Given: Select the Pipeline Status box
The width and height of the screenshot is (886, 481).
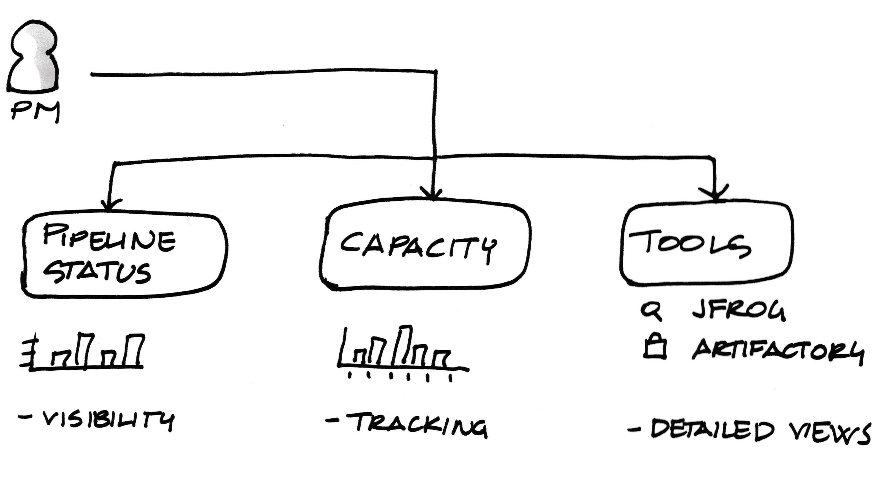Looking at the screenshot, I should (x=125, y=256).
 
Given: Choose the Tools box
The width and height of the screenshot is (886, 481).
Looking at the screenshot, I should (x=706, y=244).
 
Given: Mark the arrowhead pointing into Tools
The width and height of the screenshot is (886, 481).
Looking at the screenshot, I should (x=716, y=194).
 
